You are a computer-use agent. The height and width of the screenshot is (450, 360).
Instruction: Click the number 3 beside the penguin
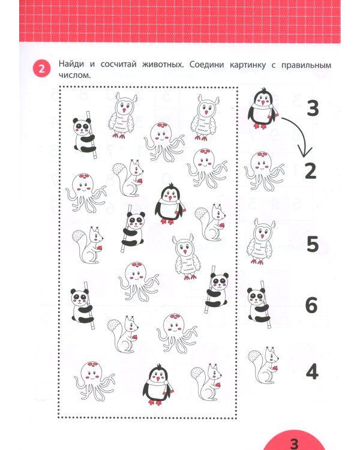click(312, 109)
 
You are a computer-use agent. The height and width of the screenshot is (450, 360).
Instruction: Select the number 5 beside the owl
click(311, 245)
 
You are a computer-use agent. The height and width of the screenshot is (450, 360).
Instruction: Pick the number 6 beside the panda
click(311, 305)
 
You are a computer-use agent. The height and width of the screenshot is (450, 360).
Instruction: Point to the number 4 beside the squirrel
click(311, 372)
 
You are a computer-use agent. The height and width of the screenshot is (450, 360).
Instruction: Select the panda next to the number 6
click(259, 304)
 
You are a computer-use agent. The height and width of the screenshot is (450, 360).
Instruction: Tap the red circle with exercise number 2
click(41, 70)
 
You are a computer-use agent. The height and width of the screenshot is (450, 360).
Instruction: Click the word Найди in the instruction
click(73, 64)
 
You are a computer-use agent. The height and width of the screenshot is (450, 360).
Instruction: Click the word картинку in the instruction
click(260, 64)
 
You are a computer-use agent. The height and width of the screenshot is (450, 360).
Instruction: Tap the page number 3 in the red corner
click(294, 443)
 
